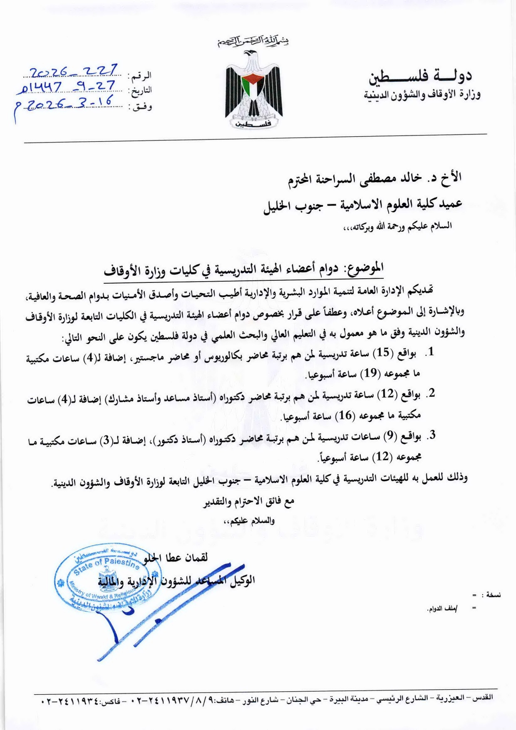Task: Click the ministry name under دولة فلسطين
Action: point(422,95)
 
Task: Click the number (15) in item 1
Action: point(383,353)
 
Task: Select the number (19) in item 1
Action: point(370,373)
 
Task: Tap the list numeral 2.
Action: point(432,393)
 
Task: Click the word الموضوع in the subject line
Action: point(365,268)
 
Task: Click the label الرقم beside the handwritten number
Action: point(141,77)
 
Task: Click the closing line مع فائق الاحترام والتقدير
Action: point(248,502)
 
